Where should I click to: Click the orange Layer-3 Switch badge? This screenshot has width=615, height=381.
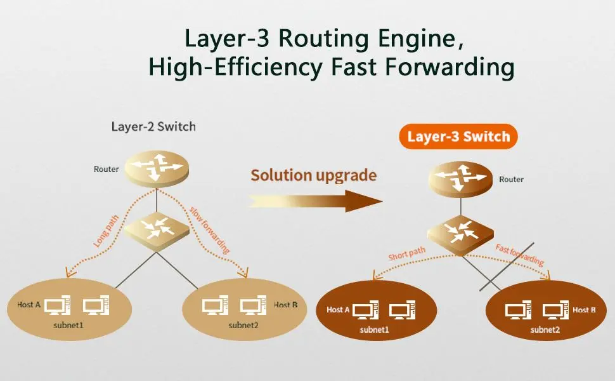(x=458, y=137)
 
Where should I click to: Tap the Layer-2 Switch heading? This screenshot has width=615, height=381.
(x=153, y=126)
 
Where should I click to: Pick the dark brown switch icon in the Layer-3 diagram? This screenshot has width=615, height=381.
(x=459, y=234)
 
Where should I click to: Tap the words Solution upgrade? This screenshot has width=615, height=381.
(x=313, y=175)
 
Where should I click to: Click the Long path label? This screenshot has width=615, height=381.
(x=107, y=232)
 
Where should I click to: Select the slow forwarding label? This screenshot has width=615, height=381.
(x=210, y=229)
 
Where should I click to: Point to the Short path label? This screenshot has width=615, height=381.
(x=406, y=254)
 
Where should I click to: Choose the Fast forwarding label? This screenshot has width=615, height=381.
(x=520, y=255)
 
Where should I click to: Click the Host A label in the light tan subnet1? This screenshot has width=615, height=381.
(x=29, y=305)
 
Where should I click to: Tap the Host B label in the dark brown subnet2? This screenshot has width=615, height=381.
(x=584, y=310)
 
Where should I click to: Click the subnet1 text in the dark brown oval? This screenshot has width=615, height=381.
(x=375, y=330)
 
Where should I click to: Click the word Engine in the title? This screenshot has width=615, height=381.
(x=416, y=38)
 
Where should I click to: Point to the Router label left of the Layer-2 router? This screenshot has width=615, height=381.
(x=106, y=169)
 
